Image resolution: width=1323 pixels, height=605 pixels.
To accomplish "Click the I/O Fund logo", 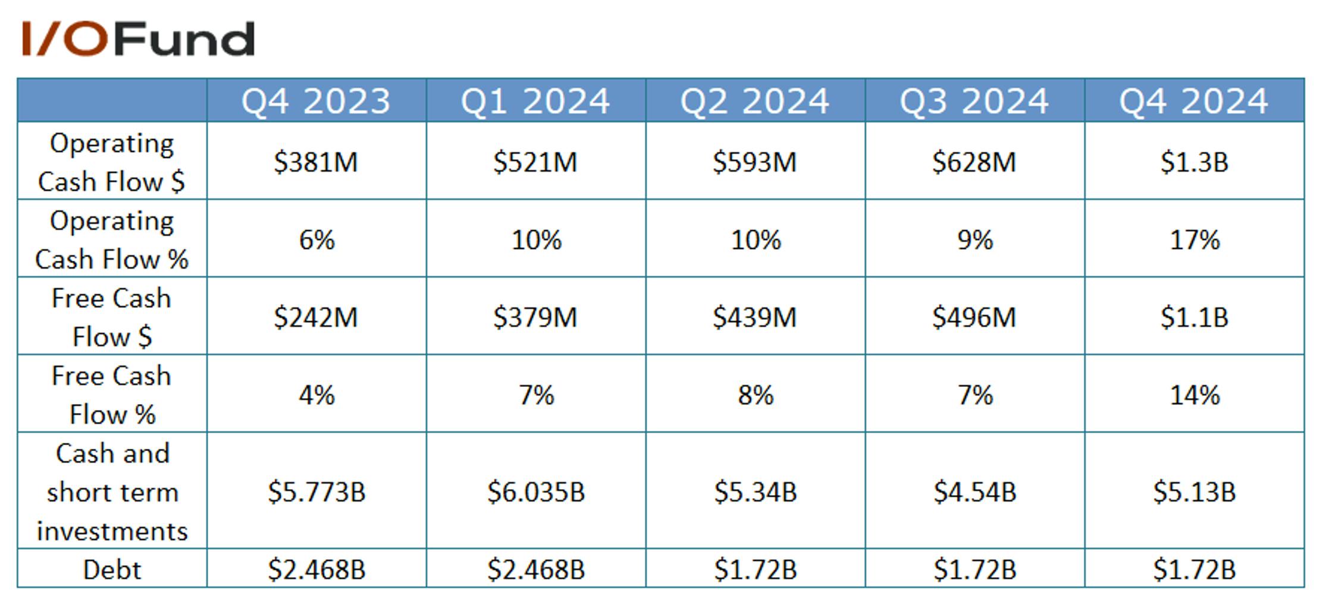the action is tap(138, 39).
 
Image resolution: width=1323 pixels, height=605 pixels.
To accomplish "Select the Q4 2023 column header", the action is tap(316, 101).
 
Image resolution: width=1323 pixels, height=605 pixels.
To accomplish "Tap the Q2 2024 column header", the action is tap(755, 101).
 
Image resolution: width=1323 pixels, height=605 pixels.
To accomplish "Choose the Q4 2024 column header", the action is tap(1194, 101).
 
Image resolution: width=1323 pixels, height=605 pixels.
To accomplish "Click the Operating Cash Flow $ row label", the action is tap(112, 162).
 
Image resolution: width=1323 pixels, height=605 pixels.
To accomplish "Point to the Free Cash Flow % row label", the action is tap(112, 395).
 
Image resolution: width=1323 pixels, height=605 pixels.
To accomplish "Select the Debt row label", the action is tap(112, 569).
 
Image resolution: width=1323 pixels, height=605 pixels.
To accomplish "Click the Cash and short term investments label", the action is tap(112, 492).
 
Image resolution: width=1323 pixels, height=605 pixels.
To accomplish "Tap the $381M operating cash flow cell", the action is tap(316, 162).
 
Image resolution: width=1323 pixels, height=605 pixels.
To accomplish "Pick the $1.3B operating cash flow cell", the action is tap(1195, 162).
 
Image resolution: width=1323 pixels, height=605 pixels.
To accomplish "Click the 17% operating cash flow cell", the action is tap(1195, 240).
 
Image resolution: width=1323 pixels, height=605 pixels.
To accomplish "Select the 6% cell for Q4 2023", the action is tap(316, 240).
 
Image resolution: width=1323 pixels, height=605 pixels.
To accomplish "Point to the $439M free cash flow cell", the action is tap(755, 317).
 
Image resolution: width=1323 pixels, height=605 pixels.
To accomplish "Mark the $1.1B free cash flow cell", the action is tap(1195, 317).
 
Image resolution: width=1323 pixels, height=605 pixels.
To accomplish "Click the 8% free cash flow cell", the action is tap(755, 395).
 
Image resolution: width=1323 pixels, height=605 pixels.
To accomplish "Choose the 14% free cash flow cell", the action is tap(1195, 395).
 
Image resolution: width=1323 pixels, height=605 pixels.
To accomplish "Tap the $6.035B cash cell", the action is tap(536, 492).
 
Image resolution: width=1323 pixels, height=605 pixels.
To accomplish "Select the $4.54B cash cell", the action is tap(975, 492).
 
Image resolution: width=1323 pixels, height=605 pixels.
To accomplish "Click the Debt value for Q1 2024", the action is tap(536, 569).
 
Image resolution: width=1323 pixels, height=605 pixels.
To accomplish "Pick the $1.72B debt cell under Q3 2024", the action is tap(975, 569).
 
